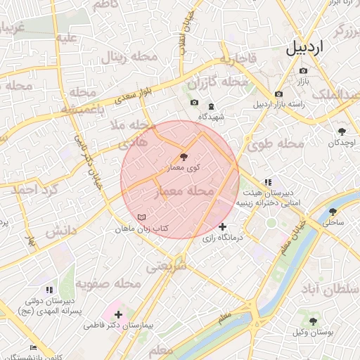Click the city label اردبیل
[x=307, y=48]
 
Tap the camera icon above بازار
[x=303, y=71]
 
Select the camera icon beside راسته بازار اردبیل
[x=279, y=94]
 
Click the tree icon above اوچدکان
[x=342, y=131]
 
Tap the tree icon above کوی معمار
[x=184, y=157]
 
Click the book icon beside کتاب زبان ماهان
[x=143, y=218]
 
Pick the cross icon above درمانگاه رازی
[x=223, y=226]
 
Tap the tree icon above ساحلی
[x=333, y=211]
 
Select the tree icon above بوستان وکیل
[x=313, y=321]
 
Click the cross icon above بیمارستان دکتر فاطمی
[x=118, y=314]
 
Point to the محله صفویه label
[x=109, y=283]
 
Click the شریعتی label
[x=167, y=267]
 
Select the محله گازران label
[x=224, y=82]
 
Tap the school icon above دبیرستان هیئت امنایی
[x=267, y=182]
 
